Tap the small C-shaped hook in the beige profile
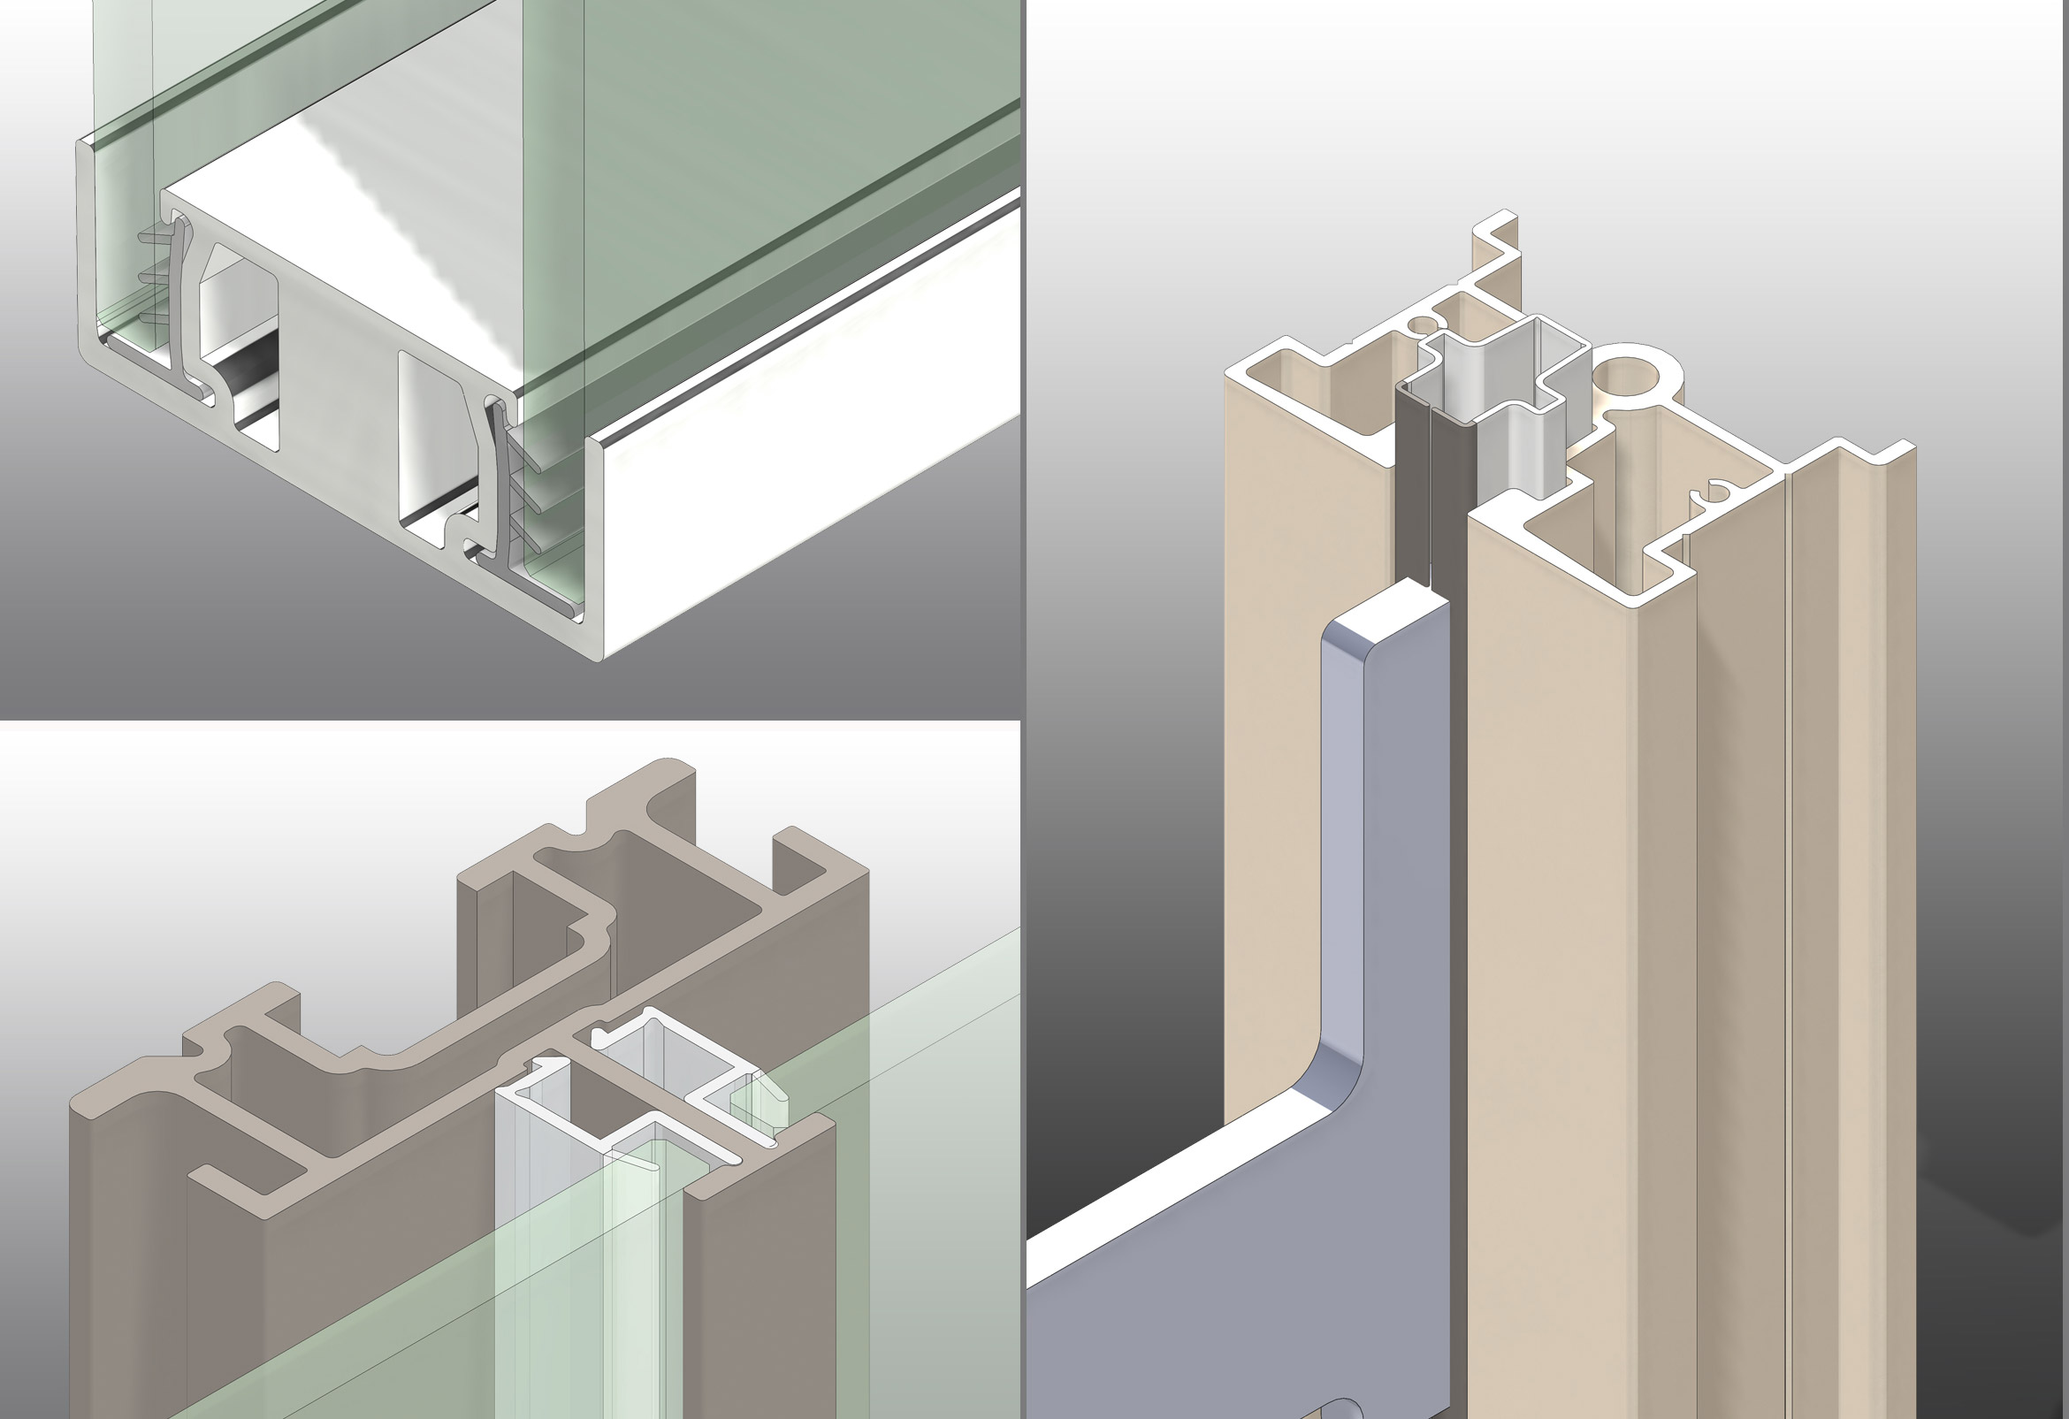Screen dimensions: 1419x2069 point(1714,495)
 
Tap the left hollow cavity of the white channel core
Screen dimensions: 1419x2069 point(239,356)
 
